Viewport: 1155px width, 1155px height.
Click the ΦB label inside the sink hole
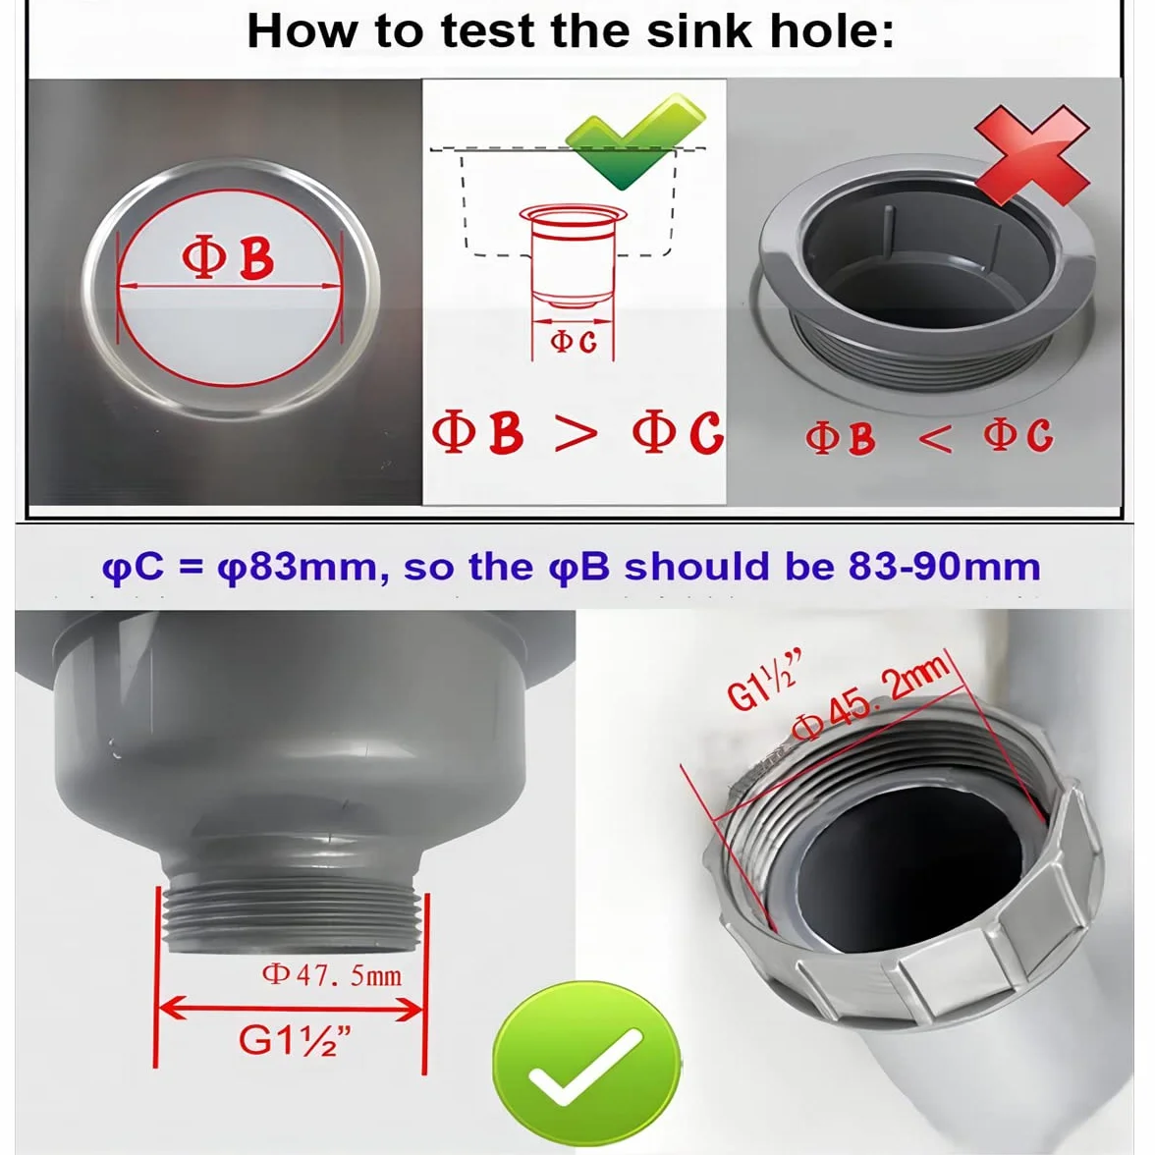pos(228,257)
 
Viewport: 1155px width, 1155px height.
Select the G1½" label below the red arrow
pos(294,1039)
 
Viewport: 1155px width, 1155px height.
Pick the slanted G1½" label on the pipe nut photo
pos(763,681)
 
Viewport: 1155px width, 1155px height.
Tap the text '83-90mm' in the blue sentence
pos(945,567)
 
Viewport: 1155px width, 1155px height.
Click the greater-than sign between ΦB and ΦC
pos(576,433)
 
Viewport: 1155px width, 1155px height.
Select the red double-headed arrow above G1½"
pos(292,1009)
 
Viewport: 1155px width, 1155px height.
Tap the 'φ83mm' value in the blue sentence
pos(299,568)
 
